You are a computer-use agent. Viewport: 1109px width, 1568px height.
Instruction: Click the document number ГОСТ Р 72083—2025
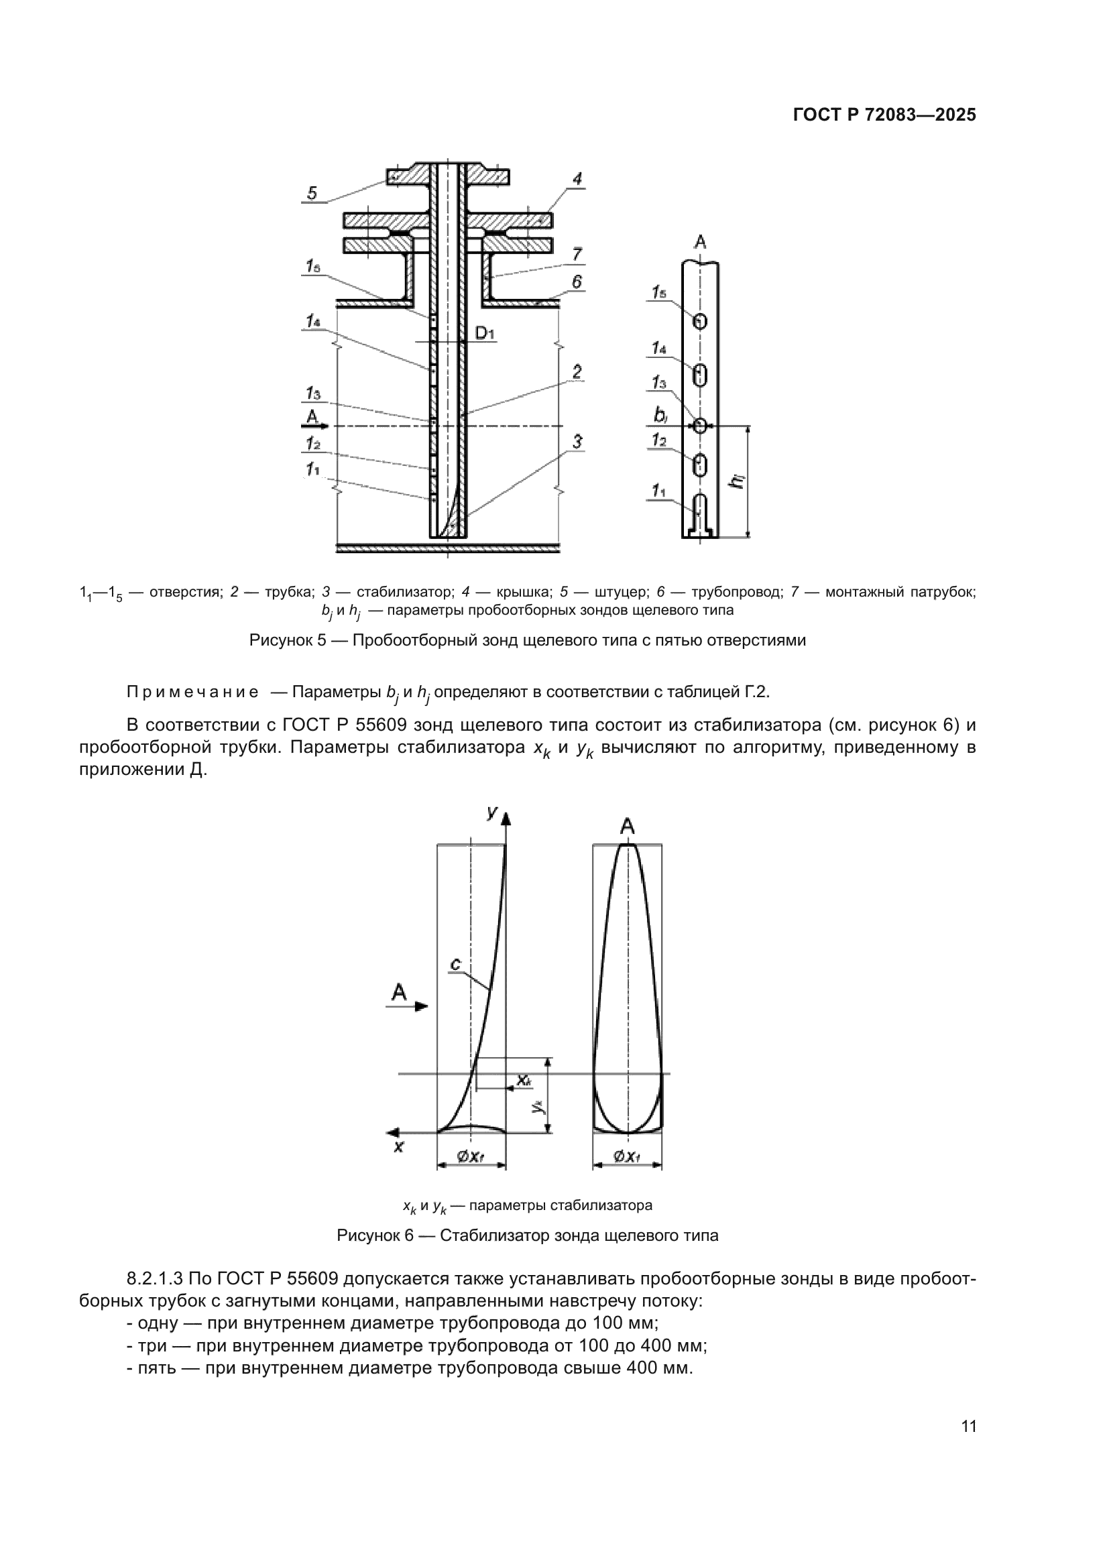[884, 115]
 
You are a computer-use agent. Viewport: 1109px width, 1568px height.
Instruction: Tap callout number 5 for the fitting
[312, 193]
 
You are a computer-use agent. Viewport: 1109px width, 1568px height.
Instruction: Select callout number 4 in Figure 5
[577, 179]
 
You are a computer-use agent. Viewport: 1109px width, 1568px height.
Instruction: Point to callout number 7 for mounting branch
[577, 255]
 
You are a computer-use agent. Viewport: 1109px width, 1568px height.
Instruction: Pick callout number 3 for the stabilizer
[577, 442]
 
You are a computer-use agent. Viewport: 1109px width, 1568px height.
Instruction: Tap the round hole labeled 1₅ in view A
[700, 321]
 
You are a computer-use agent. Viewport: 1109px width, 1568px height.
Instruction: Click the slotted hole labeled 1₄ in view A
[700, 374]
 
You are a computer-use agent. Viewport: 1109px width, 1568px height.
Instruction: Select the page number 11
[968, 1426]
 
